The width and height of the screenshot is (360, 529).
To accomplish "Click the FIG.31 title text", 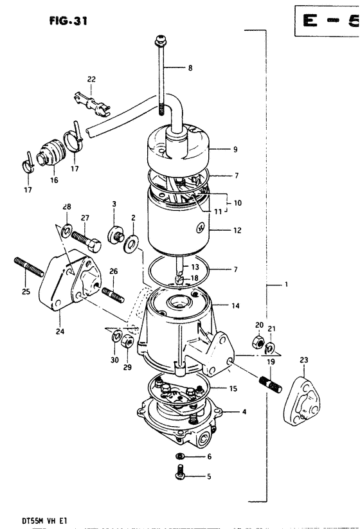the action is click(68, 21).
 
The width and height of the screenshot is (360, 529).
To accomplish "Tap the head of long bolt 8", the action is click(161, 42).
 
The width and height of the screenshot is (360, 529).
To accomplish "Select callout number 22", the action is click(91, 79).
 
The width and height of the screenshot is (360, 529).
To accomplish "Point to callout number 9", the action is click(235, 149).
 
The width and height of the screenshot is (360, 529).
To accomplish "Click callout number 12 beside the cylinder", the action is click(237, 230).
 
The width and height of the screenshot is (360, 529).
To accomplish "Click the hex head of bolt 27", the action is click(94, 244).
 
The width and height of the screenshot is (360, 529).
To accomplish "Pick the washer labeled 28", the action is click(66, 230).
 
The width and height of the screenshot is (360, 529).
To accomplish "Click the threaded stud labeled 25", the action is click(29, 267).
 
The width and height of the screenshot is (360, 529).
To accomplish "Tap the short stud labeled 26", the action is click(113, 294).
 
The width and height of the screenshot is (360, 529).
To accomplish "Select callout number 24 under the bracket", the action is click(60, 331).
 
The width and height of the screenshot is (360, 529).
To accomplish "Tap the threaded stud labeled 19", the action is click(270, 384).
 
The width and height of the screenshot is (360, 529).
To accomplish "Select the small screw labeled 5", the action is click(181, 472).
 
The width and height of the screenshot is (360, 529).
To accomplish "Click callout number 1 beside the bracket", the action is click(287, 284).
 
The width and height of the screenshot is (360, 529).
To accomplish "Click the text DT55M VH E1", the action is click(44, 521).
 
